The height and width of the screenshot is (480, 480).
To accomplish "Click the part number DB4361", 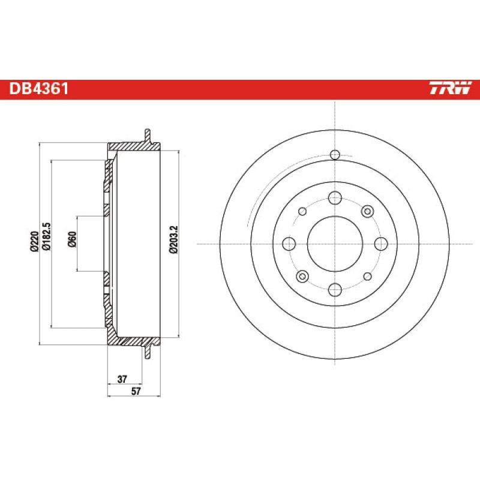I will tap(38, 89).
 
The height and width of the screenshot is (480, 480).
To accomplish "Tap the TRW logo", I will tap(450, 89).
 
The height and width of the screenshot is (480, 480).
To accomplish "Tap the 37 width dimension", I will tap(122, 379).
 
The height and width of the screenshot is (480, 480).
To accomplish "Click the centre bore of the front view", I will tap(335, 244).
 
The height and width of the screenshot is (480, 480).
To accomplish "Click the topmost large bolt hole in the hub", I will tap(335, 197).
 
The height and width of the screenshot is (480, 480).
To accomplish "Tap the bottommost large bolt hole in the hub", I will tap(335, 289).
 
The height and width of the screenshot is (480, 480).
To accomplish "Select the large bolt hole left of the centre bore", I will tap(289, 244).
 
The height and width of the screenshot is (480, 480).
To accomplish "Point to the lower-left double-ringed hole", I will tap(302, 276).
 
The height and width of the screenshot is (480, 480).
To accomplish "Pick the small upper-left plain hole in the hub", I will tap(302, 211).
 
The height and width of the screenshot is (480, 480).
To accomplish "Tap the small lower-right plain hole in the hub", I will tap(367, 276).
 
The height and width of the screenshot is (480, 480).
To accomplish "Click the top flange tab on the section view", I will tap(146, 134).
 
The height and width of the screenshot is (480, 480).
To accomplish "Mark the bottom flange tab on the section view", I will tap(146, 353).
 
